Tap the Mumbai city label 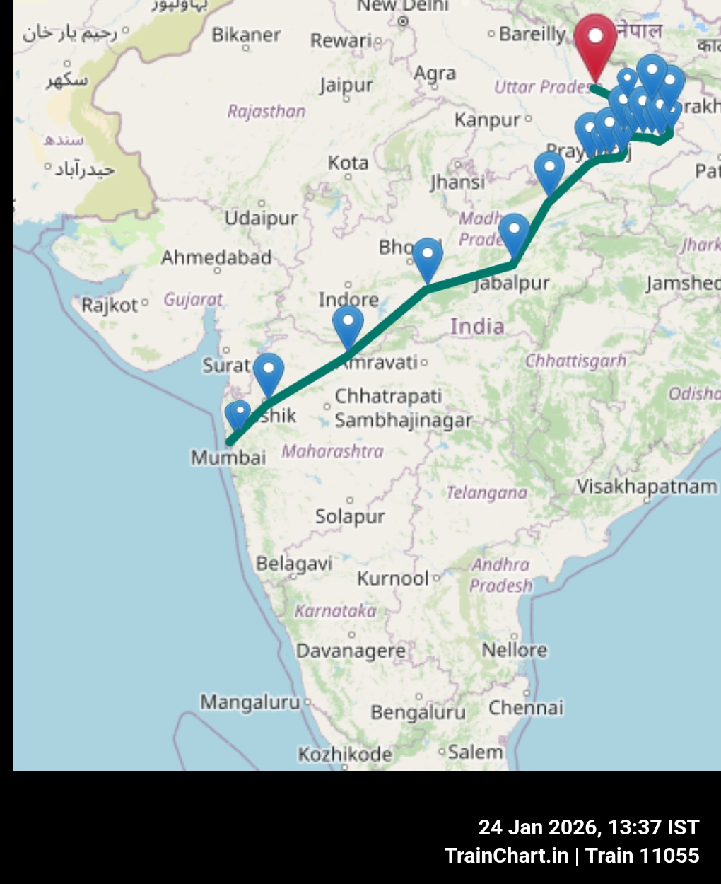(x=228, y=458)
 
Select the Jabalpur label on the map (x=512, y=284)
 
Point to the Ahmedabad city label (x=216, y=257)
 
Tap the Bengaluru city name (x=418, y=711)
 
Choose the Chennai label (x=526, y=707)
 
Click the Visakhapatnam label (x=647, y=487)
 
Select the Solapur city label (x=350, y=516)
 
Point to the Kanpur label (x=488, y=120)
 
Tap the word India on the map (x=477, y=327)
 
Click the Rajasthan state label (x=266, y=111)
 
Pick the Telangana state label (x=486, y=492)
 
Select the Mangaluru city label (x=250, y=702)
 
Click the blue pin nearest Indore (x=348, y=325)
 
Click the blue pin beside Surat (x=269, y=372)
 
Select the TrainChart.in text (x=506, y=856)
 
